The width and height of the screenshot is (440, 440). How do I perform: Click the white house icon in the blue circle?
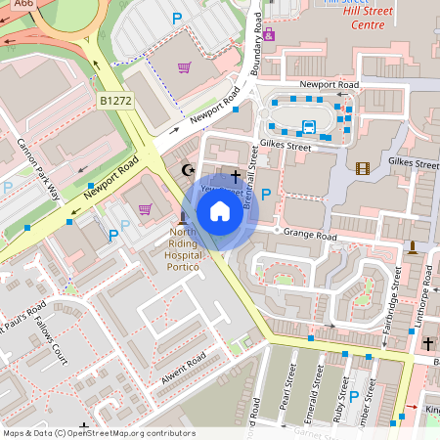tap(220, 210)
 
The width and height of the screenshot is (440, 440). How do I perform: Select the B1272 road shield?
tap(114, 100)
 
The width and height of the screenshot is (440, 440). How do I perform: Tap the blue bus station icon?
tap(309, 126)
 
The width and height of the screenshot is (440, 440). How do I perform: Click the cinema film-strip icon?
tap(364, 168)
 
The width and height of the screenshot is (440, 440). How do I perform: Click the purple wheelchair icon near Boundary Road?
tap(269, 35)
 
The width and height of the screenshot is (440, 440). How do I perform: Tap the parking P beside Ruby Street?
tap(355, 396)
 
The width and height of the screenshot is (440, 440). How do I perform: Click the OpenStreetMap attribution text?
tap(98, 433)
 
